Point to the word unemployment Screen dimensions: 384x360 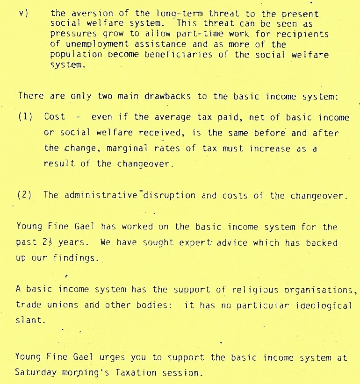point(89,44)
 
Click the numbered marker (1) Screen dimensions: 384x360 point(25,117)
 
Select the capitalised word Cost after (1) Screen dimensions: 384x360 point(54,117)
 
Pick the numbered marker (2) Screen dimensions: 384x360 point(25,195)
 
